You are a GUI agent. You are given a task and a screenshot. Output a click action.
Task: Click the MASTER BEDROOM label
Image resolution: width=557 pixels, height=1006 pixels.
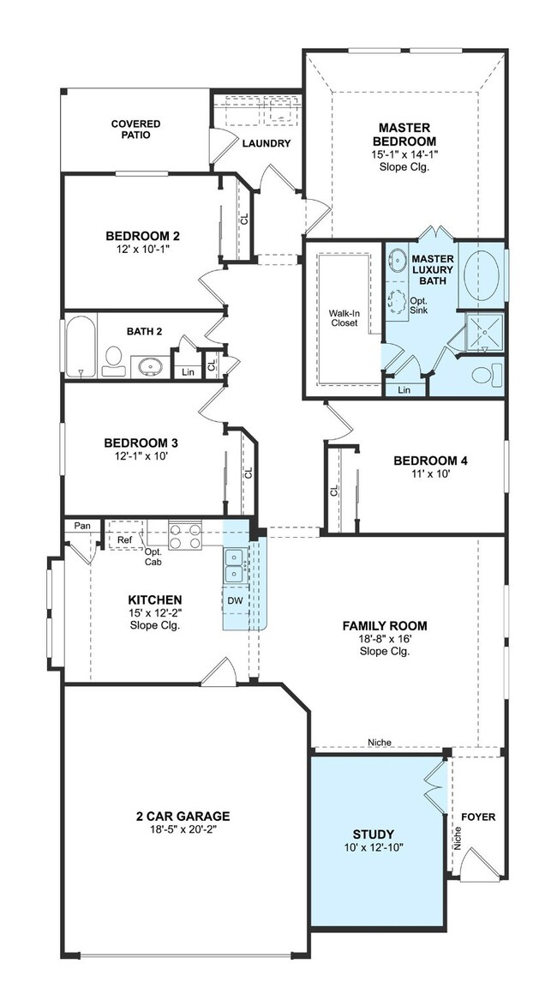(x=404, y=134)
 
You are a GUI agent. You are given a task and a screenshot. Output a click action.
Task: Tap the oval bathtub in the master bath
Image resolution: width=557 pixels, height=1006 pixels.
(x=482, y=275)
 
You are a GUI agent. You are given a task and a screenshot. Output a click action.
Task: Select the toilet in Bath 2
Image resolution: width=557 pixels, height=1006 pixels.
(x=113, y=362)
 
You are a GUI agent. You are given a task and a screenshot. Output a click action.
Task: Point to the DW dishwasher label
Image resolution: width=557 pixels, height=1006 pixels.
(x=235, y=600)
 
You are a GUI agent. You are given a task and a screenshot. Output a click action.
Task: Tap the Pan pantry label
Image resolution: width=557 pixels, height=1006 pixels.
(x=82, y=526)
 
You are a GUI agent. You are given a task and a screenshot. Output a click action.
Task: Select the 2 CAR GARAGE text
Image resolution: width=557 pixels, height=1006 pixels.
(x=183, y=816)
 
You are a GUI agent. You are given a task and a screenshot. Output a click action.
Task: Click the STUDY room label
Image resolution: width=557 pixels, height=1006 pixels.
(x=373, y=834)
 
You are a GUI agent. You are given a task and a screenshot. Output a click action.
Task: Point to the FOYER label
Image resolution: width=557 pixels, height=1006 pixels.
(x=478, y=816)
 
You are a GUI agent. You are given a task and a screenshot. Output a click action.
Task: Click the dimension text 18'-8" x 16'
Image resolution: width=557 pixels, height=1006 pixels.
(x=385, y=639)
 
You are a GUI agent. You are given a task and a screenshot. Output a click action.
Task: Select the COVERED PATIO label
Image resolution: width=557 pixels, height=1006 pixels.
(x=135, y=129)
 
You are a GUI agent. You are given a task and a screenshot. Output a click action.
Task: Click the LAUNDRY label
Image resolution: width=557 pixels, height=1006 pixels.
(x=267, y=144)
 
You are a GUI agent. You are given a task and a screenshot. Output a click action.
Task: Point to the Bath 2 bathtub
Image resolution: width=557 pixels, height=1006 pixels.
(x=81, y=346)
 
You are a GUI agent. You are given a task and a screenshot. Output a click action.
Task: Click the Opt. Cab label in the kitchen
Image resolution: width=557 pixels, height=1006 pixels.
(x=153, y=557)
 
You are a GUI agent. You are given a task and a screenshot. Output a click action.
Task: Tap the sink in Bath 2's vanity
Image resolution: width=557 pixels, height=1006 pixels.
(x=151, y=367)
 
